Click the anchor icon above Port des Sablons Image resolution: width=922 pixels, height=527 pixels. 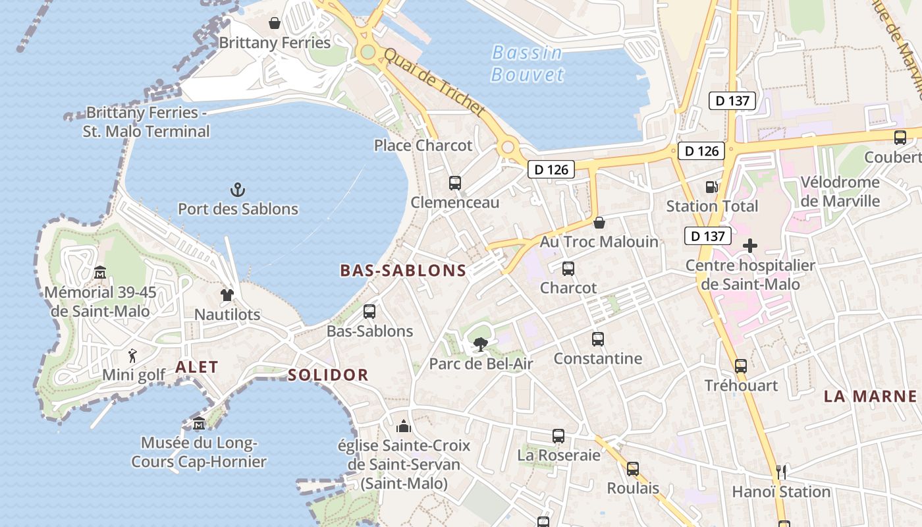[x=237, y=190]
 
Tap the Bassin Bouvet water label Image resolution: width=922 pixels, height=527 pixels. [x=528, y=63]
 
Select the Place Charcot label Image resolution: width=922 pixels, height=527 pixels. [x=423, y=146]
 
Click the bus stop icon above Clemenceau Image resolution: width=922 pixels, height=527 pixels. [x=455, y=183]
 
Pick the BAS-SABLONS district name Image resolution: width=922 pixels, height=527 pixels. [x=403, y=270]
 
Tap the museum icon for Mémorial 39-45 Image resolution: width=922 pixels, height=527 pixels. [x=99, y=272]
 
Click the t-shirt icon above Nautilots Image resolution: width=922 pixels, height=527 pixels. [x=227, y=295]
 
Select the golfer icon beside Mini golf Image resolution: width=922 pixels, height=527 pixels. [x=132, y=356]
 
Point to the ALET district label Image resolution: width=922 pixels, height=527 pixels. [x=196, y=368]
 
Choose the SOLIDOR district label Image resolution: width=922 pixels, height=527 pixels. [x=328, y=375]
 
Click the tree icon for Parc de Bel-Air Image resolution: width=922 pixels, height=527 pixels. [x=481, y=344]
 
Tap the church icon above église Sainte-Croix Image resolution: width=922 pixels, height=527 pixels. [x=404, y=426]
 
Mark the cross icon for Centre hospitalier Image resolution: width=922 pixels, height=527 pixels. [x=749, y=246]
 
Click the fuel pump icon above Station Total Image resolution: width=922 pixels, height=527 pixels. [x=711, y=187]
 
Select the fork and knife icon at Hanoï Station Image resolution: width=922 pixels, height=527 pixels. [x=781, y=472]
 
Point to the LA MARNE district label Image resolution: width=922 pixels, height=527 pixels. [x=870, y=396]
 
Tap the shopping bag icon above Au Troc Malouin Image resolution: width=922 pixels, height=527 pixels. [x=599, y=223]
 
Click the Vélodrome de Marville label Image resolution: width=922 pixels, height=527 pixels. [x=840, y=192]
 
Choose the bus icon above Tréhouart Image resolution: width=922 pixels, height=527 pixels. [x=741, y=366]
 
